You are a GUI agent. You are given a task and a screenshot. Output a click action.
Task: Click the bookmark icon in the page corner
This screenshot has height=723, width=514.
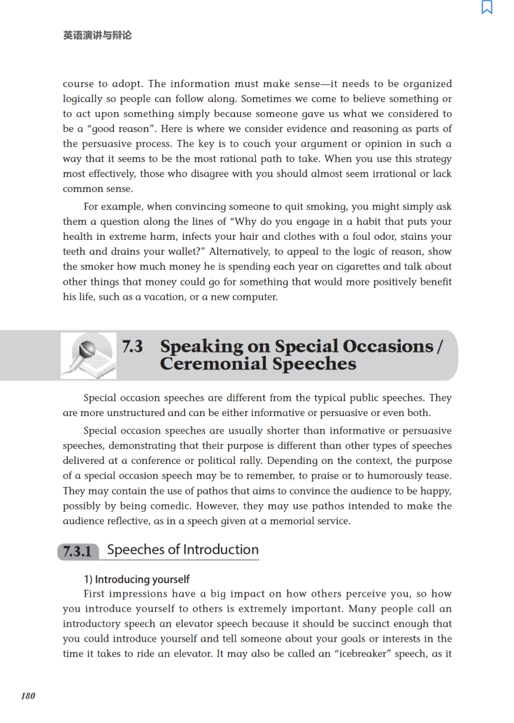[x=487, y=7]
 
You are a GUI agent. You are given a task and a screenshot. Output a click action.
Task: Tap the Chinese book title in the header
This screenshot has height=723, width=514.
[x=97, y=35]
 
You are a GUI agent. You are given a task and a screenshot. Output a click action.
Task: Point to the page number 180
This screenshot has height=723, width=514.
[x=28, y=696]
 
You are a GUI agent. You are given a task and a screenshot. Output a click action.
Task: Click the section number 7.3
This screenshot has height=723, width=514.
[x=132, y=347]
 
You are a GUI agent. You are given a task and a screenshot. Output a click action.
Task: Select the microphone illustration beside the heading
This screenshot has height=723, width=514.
[x=89, y=356]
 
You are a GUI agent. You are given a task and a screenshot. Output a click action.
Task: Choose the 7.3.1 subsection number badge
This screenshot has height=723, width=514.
[x=78, y=551]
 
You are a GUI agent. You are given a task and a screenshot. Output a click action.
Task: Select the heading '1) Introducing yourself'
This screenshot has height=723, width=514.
[x=137, y=579]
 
